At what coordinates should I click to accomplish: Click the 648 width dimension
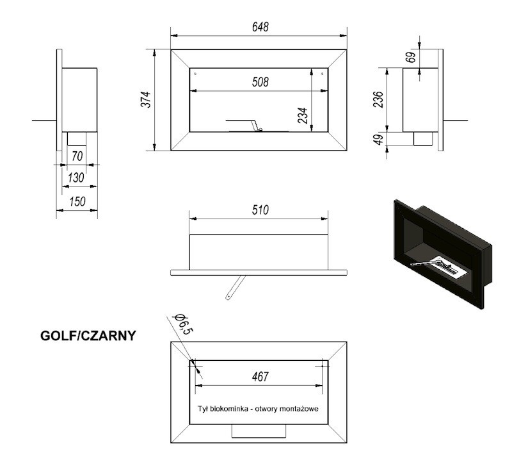coord(260,27)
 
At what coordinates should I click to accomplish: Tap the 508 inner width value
coord(260,82)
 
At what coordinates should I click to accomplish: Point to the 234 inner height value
coord(303,115)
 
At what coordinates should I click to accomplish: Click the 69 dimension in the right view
coord(412,57)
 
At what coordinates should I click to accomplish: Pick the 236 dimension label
coord(378,99)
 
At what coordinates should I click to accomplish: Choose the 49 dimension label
coord(378,139)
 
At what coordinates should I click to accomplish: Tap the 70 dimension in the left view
coord(77,156)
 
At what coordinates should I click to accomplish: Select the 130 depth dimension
coord(76,178)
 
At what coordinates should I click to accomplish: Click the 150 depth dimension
coord(77,201)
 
